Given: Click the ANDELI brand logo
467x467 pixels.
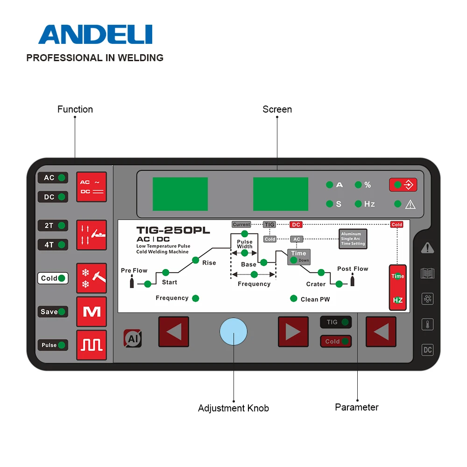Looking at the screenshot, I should pyautogui.click(x=95, y=35).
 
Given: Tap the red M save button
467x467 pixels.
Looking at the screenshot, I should pyautogui.click(x=92, y=311).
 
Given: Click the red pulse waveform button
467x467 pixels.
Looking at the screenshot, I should pyautogui.click(x=92, y=345).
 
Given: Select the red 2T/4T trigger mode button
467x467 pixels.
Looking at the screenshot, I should pyautogui.click(x=92, y=235).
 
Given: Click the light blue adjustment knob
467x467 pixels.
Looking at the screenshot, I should pyautogui.click(x=233, y=332).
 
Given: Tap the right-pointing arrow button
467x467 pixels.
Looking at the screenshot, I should pyautogui.click(x=293, y=332).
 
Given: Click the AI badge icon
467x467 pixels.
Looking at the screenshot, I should pyautogui.click(x=133, y=339).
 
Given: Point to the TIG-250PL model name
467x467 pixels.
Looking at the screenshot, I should pyautogui.click(x=173, y=230).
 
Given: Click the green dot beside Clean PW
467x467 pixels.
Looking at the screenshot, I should pyautogui.click(x=294, y=298).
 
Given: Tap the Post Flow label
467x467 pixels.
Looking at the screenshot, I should pyautogui.click(x=353, y=269).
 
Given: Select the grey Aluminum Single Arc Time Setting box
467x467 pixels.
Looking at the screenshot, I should pyautogui.click(x=353, y=239).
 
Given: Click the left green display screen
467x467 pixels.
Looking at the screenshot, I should pyautogui.click(x=180, y=194).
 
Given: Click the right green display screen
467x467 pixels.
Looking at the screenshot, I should pyautogui.click(x=281, y=194).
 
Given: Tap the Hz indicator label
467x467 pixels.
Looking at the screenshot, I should pyautogui.click(x=369, y=204).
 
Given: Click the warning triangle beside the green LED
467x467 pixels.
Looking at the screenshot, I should pyautogui.click(x=410, y=204).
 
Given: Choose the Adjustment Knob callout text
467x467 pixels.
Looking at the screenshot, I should pyautogui.click(x=233, y=408).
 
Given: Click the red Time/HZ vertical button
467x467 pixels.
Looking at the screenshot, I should pyautogui.click(x=398, y=288).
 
